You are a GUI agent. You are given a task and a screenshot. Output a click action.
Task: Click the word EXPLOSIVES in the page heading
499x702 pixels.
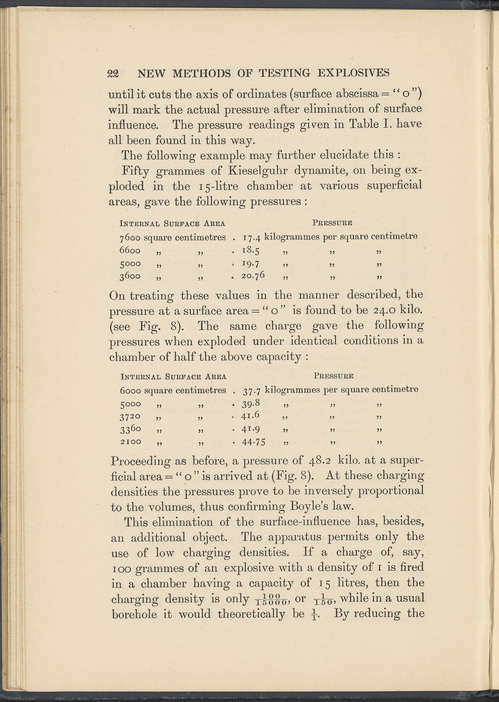click(x=353, y=73)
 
